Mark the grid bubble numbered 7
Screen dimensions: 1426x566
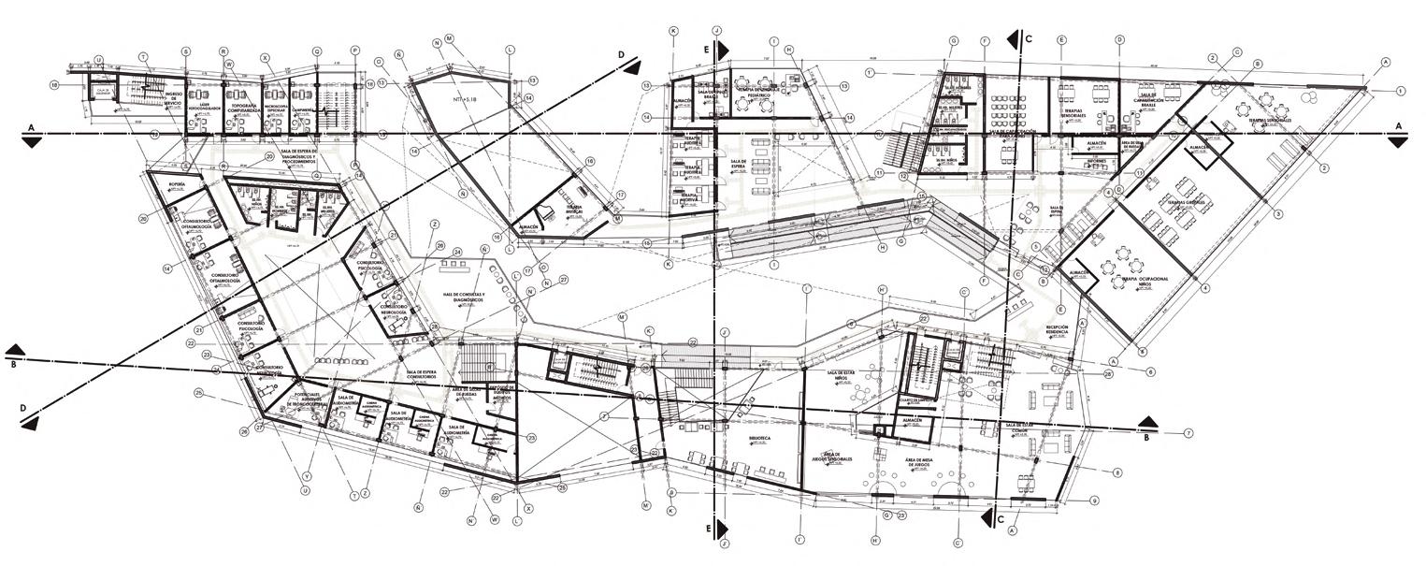1188,433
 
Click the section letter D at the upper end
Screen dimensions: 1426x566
621,53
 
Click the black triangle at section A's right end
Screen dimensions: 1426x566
1398,141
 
